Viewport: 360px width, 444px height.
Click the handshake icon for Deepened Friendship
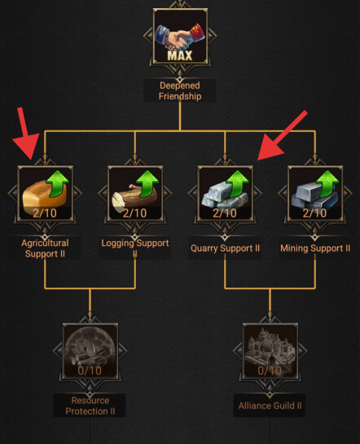(x=180, y=36)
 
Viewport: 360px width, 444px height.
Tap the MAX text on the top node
(x=180, y=55)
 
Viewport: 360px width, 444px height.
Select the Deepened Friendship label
(x=180, y=90)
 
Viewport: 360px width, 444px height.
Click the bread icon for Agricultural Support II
(x=45, y=193)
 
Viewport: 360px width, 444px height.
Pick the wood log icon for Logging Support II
(x=135, y=193)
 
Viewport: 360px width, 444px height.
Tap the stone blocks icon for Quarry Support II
(x=225, y=193)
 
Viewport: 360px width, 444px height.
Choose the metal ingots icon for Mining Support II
(x=315, y=193)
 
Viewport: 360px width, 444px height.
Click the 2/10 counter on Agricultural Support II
(x=45, y=213)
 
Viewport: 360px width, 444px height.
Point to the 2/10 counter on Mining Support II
(x=314, y=213)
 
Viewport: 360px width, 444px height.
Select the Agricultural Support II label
(x=45, y=248)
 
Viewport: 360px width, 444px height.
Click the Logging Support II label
(x=135, y=248)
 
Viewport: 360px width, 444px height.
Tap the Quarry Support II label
(x=225, y=248)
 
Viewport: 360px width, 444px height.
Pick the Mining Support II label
(x=315, y=248)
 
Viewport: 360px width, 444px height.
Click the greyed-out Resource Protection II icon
(x=90, y=351)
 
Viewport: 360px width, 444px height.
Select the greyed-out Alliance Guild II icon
(x=270, y=351)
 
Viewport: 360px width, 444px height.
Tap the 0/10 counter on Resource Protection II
(x=90, y=371)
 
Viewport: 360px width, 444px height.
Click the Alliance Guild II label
(x=270, y=406)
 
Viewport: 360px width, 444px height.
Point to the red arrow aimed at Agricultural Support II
(x=26, y=134)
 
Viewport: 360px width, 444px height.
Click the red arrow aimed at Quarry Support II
(x=282, y=135)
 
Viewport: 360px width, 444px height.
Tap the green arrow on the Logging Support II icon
(x=147, y=183)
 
